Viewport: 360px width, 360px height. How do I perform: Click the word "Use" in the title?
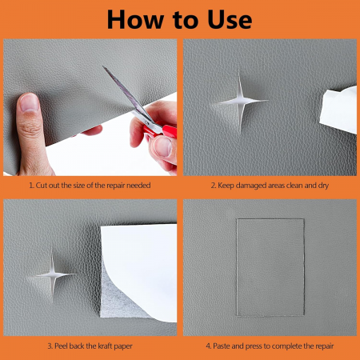230,19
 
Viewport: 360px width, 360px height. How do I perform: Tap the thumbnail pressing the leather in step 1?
29,103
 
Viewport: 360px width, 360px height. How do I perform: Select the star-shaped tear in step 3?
54,274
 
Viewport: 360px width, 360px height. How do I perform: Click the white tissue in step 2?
339,110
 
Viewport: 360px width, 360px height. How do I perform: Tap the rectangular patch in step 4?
270,267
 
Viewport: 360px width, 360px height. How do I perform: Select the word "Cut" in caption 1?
42,186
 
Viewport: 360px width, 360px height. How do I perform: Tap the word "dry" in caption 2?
323,186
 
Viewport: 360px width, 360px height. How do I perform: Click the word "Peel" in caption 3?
61,346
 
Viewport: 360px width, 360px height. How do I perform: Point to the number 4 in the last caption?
208,346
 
